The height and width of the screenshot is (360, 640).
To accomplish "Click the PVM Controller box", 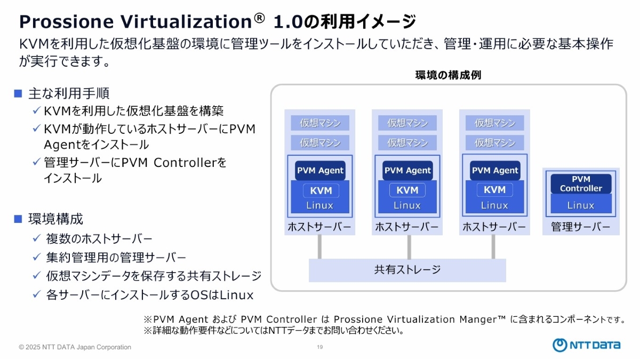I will click(581, 183).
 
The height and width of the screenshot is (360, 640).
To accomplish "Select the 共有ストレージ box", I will click(407, 270).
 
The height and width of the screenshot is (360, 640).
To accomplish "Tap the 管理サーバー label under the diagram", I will click(581, 227).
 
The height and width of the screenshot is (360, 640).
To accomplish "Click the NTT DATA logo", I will click(586, 345).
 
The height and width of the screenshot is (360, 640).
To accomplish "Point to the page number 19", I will click(320, 347).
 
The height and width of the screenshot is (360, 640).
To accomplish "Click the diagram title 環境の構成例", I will click(448, 75).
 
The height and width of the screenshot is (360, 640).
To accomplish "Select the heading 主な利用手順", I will click(69, 94).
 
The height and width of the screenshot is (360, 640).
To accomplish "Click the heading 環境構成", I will click(55, 219).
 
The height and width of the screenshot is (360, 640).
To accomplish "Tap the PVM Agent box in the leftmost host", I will click(320, 171).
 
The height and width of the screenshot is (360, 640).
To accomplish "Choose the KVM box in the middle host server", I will click(407, 190).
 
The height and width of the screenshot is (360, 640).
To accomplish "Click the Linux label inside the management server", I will click(581, 205).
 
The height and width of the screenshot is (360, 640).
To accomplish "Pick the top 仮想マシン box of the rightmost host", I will click(494, 123).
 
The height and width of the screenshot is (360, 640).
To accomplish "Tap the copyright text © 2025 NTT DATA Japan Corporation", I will click(75, 347).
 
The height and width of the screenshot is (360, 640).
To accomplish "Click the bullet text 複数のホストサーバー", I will click(99, 238).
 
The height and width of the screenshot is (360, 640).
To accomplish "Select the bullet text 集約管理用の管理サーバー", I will click(116, 258).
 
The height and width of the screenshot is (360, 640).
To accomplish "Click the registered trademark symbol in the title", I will click(259, 18).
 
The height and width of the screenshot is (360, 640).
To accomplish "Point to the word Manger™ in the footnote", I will click(482, 319).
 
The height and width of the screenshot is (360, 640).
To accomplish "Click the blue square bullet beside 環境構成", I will click(18, 219).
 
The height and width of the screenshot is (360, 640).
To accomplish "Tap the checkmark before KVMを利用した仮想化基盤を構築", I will click(37, 110).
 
